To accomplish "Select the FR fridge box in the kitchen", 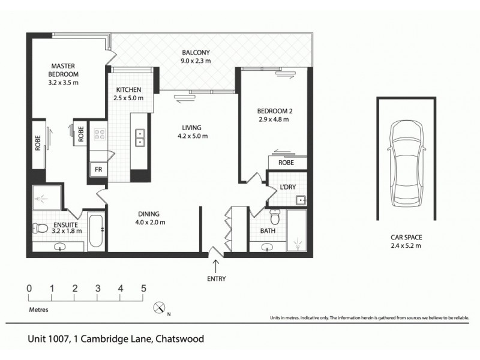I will pos(96,170).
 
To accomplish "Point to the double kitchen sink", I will pos(139,138).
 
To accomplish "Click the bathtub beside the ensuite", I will pos(94,231).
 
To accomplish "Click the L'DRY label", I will pos(288,188).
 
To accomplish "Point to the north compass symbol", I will pos(160,308).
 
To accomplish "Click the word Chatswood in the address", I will pos(179,338).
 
